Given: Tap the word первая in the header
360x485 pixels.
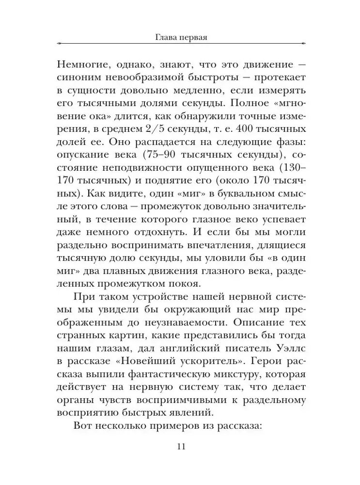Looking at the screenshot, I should click(x=193, y=36).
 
